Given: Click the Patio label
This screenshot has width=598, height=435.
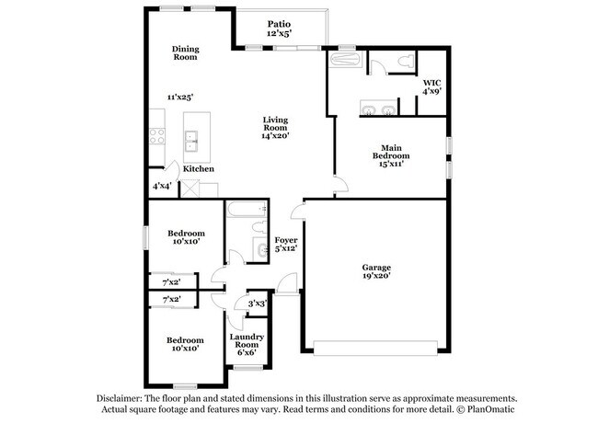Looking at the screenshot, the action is [279, 25].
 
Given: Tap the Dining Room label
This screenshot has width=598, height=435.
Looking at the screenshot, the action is [185, 53].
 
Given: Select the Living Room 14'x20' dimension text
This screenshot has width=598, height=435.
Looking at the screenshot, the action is [275, 135].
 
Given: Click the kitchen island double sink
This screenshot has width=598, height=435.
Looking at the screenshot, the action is [192, 141].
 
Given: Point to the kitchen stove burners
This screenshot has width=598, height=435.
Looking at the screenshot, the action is [157, 136].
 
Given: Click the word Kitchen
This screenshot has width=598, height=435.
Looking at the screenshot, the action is [199, 169].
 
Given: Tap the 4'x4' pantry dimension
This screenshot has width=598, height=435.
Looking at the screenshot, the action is [162, 186].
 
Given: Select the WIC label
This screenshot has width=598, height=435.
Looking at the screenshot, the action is [432, 83].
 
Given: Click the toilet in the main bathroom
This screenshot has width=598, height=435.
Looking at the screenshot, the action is [406, 61].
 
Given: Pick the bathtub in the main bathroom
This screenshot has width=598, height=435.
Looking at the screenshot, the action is [346, 60].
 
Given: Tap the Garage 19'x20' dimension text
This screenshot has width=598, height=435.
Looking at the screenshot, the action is [376, 276].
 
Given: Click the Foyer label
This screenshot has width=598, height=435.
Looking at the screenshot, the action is [286, 240].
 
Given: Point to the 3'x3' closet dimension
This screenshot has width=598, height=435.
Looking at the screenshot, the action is [258, 303].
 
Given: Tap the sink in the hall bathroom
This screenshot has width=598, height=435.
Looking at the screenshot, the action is [262, 249].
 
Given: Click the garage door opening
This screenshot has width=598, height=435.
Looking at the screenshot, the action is [375, 349].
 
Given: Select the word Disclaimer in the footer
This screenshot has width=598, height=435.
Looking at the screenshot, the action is [119, 399].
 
